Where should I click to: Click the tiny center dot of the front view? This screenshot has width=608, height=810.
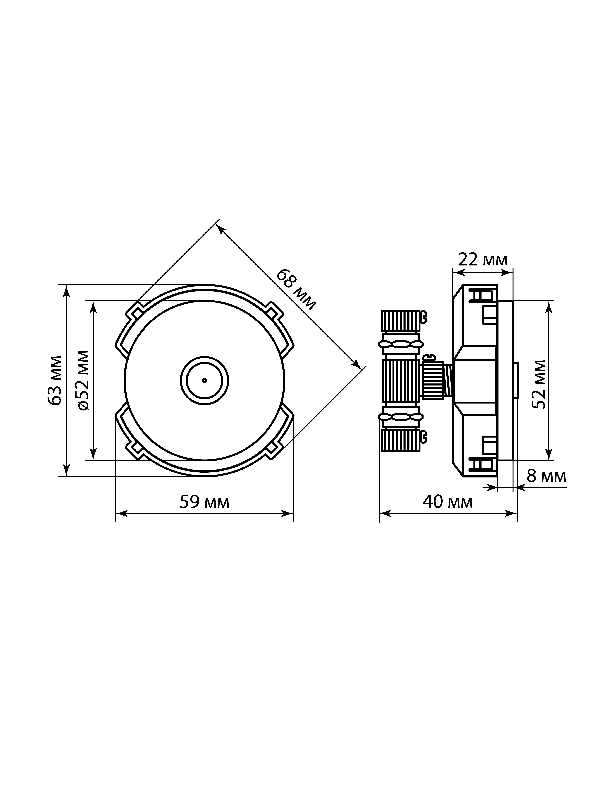pyautogui.click(x=205, y=380)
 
